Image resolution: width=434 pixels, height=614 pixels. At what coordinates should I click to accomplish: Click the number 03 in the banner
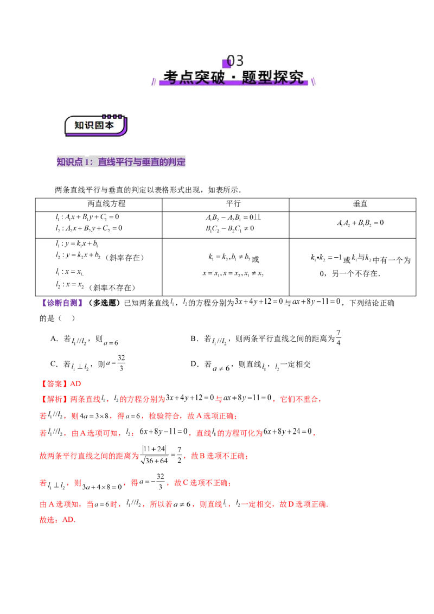tap(235, 60)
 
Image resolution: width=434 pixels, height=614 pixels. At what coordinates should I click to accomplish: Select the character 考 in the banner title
tap(171, 77)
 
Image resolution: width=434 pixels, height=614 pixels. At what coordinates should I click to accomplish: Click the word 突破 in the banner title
tap(205, 77)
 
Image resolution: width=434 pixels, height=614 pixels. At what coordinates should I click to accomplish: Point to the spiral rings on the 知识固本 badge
tap(112, 116)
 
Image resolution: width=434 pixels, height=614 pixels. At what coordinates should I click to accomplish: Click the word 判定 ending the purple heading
tap(177, 162)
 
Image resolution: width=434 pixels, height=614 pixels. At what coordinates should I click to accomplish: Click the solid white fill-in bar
tap(245, 370)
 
